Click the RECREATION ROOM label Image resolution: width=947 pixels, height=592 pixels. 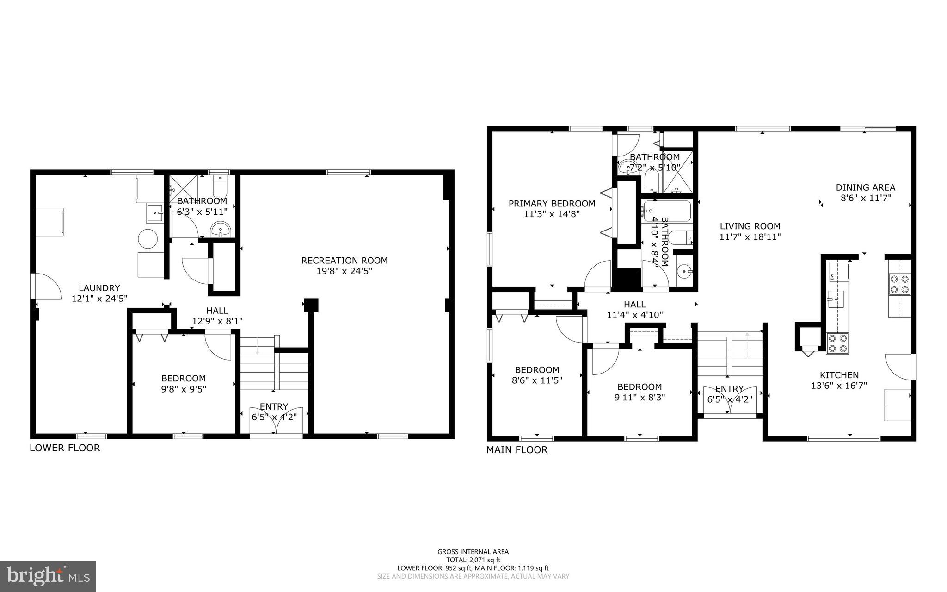pyautogui.click(x=344, y=261)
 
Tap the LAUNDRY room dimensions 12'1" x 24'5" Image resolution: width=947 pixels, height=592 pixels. pyautogui.click(x=99, y=299)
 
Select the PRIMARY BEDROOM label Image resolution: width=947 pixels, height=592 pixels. pyautogui.click(x=552, y=204)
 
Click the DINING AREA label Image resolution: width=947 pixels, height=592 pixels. pyautogui.click(x=865, y=187)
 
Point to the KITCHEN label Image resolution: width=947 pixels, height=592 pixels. pyautogui.click(x=839, y=375)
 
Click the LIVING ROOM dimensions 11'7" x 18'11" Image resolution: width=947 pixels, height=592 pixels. pyautogui.click(x=750, y=237)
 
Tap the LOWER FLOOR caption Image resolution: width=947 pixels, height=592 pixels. pyautogui.click(x=65, y=448)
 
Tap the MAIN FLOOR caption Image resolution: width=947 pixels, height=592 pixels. pyautogui.click(x=517, y=450)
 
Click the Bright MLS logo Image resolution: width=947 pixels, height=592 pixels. pyautogui.click(x=48, y=576)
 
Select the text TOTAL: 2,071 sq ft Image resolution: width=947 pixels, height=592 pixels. pyautogui.click(x=473, y=560)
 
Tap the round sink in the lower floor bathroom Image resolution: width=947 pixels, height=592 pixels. pyautogui.click(x=221, y=229)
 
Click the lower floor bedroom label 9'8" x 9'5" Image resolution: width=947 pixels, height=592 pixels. pyautogui.click(x=184, y=389)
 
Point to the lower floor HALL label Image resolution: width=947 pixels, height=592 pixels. pyautogui.click(x=217, y=311)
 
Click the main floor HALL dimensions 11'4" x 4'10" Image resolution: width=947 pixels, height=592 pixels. pyautogui.click(x=634, y=315)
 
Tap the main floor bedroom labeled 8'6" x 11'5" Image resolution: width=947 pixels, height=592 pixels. pyautogui.click(x=537, y=375)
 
